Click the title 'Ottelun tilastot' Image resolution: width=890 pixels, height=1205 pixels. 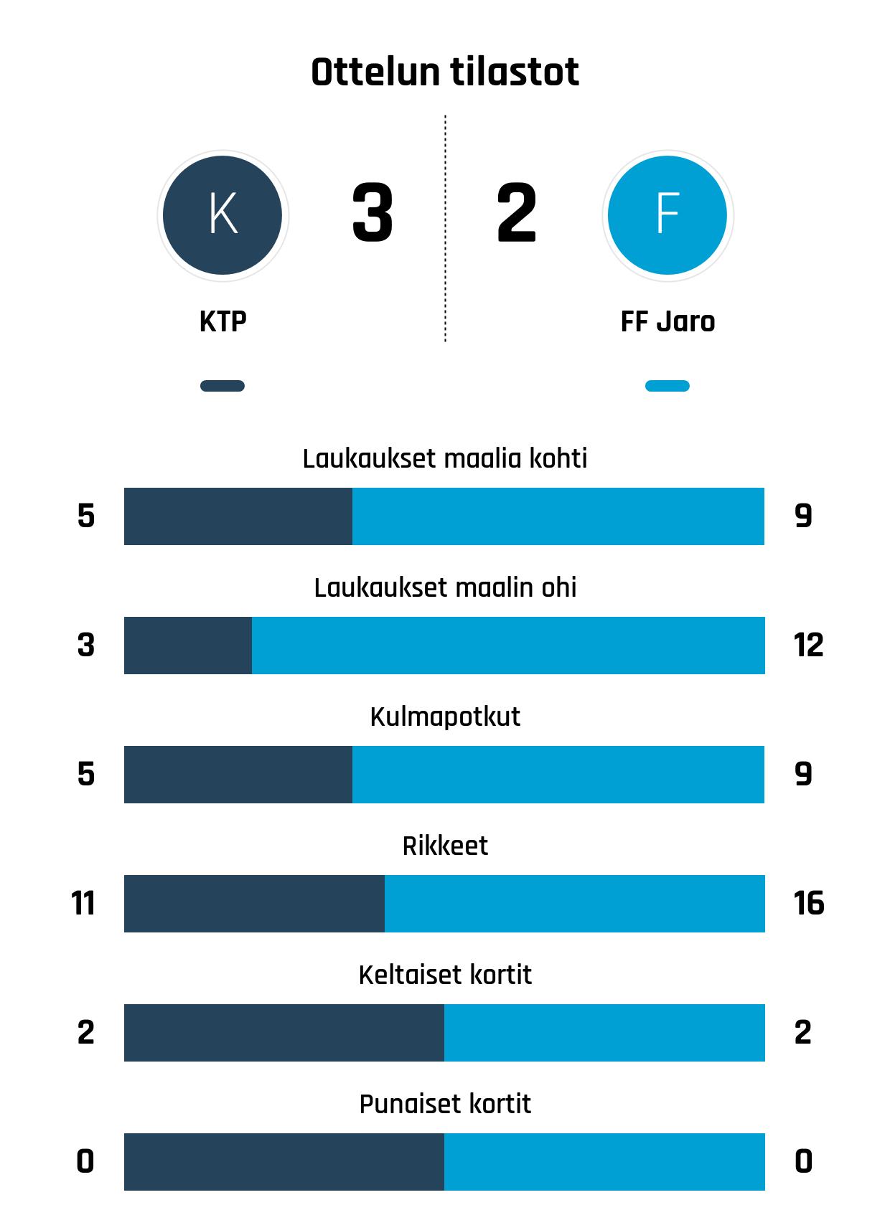[x=445, y=72]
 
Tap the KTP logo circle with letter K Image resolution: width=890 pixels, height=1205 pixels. [x=222, y=215]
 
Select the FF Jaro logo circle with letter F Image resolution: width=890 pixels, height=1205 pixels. [x=667, y=215]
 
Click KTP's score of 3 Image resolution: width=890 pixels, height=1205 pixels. [x=373, y=213]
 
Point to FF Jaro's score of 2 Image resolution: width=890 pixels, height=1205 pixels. [x=516, y=213]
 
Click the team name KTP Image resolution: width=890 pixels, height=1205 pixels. [x=222, y=322]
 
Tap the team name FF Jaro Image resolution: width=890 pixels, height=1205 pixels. [x=667, y=322]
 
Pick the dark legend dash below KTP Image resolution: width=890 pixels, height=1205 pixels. [x=222, y=386]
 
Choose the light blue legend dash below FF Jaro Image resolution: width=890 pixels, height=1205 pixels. [x=667, y=386]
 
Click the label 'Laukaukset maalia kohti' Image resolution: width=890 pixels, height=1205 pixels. [x=445, y=458]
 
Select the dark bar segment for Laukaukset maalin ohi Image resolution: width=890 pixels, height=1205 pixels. [x=188, y=646]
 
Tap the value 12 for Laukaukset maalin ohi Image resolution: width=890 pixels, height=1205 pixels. [x=808, y=646]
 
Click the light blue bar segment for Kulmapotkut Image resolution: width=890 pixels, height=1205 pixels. [x=558, y=775]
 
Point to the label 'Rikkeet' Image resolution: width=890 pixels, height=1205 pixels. [x=445, y=846]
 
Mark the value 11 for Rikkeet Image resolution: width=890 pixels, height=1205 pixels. [x=84, y=904]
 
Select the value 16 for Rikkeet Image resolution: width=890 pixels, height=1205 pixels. [x=809, y=904]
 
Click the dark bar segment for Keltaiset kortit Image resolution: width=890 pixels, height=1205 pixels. [x=284, y=1033]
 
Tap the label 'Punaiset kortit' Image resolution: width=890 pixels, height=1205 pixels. [x=445, y=1104]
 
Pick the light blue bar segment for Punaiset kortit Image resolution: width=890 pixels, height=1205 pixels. [x=604, y=1162]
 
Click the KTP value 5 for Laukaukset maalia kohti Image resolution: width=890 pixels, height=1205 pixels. [x=86, y=516]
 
